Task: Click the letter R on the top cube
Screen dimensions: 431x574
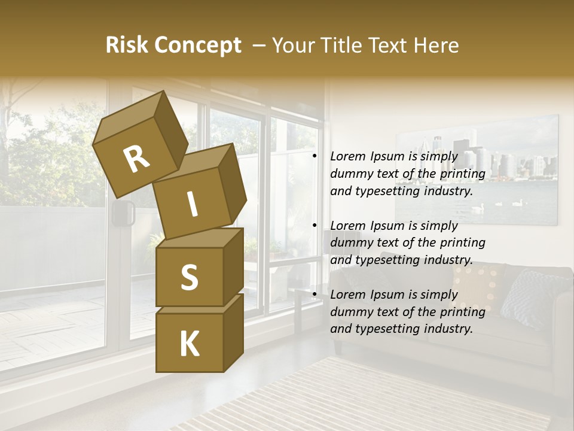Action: point(137,159)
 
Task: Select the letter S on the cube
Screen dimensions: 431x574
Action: point(189,277)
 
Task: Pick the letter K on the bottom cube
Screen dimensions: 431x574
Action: point(189,344)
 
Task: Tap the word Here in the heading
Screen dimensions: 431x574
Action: point(435,45)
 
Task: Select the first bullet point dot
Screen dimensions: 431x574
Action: point(314,156)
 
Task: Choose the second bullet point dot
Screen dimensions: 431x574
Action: point(314,226)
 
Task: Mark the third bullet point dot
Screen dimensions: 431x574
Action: point(314,295)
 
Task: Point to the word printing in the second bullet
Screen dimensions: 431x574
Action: point(463,243)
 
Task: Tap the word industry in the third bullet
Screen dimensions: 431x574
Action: point(448,329)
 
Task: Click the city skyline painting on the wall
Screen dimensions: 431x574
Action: point(477,169)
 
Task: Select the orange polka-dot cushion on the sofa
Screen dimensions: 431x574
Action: point(477,288)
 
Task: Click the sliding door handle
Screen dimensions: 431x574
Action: point(123,213)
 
